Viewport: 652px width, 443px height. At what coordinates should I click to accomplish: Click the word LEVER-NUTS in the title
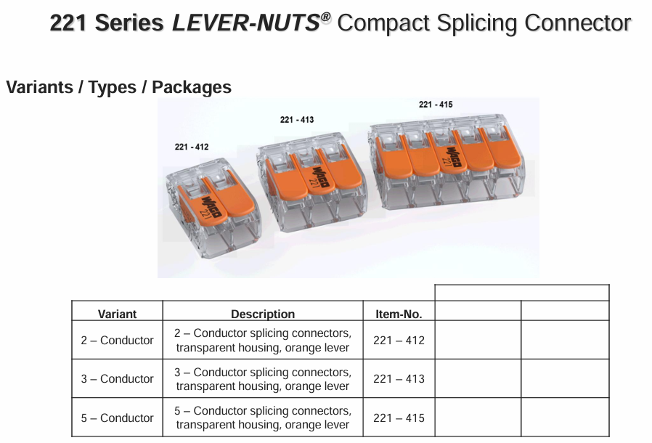pos(245,24)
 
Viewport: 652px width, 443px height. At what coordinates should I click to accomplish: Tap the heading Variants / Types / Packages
pos(118,87)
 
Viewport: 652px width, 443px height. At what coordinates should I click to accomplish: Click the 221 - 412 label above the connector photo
pos(192,147)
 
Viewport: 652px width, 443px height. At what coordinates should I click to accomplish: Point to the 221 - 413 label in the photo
pos(297,120)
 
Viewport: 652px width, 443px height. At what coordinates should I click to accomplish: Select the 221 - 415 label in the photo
pos(436,105)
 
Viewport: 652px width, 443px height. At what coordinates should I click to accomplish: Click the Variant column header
pos(117,314)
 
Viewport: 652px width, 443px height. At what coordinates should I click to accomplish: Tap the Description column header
pos(263,314)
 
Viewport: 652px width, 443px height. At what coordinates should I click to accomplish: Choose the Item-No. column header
pos(399,314)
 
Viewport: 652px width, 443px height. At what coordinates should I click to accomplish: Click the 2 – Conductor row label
pos(117,340)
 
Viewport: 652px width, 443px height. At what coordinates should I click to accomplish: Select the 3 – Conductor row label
pos(117,378)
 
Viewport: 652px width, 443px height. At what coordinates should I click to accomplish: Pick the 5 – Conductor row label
pos(117,418)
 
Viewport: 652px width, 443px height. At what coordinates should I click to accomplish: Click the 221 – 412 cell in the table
pos(399,340)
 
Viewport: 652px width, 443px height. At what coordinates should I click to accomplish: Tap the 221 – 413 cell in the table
pos(399,378)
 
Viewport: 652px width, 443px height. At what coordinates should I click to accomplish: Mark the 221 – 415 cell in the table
pos(399,418)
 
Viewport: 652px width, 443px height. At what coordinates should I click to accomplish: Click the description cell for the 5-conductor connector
pos(263,418)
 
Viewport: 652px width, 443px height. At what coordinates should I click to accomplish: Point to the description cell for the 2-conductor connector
pos(263,340)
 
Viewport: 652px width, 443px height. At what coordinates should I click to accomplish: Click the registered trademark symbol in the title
pos(325,15)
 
